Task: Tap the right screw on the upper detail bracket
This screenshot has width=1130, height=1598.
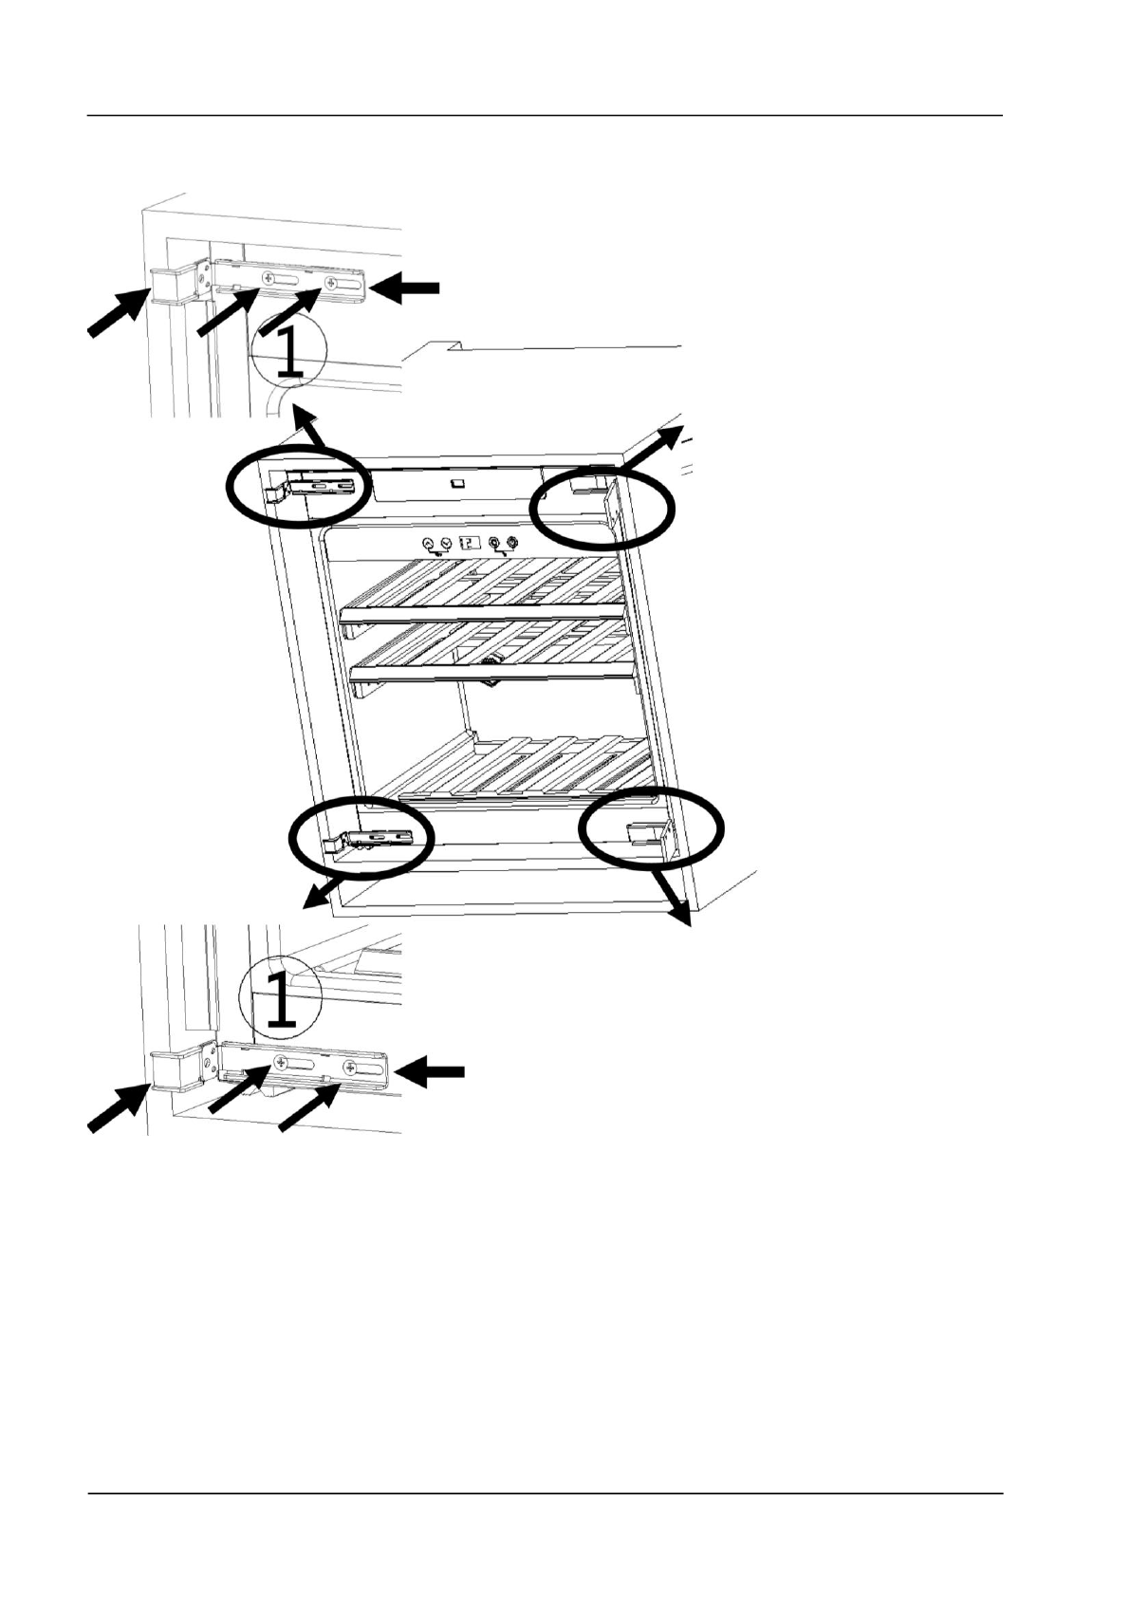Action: (330, 283)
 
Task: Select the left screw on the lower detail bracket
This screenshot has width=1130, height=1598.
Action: (281, 1062)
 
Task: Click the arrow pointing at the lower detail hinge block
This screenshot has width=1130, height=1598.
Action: (113, 1107)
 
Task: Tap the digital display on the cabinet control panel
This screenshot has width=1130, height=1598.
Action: (470, 543)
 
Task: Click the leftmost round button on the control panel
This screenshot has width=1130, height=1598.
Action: (427, 543)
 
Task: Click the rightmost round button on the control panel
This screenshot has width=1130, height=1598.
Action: (512, 543)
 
